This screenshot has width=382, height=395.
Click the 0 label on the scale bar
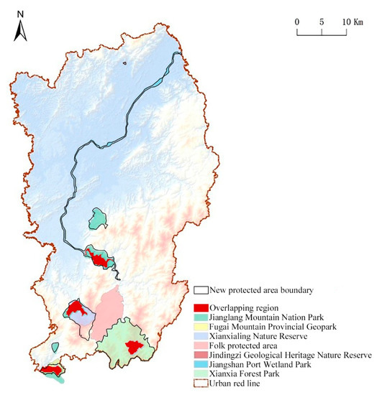tap(297, 22)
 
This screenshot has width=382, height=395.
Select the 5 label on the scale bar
tap(322, 22)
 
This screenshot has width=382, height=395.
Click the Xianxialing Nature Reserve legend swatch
tap(201, 335)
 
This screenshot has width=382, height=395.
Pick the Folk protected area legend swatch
tap(201, 345)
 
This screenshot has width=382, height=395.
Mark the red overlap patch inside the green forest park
tap(132, 347)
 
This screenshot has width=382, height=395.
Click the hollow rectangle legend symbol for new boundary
tap(201, 290)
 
